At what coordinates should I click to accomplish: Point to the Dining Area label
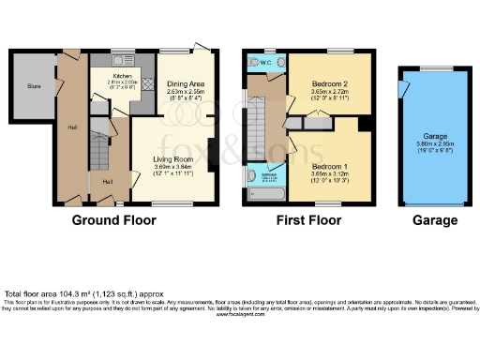pyautogui.click(x=185, y=84)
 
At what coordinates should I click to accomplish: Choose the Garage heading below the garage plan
pyautogui.click(x=435, y=221)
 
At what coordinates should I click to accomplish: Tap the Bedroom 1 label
pyautogui.click(x=329, y=167)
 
